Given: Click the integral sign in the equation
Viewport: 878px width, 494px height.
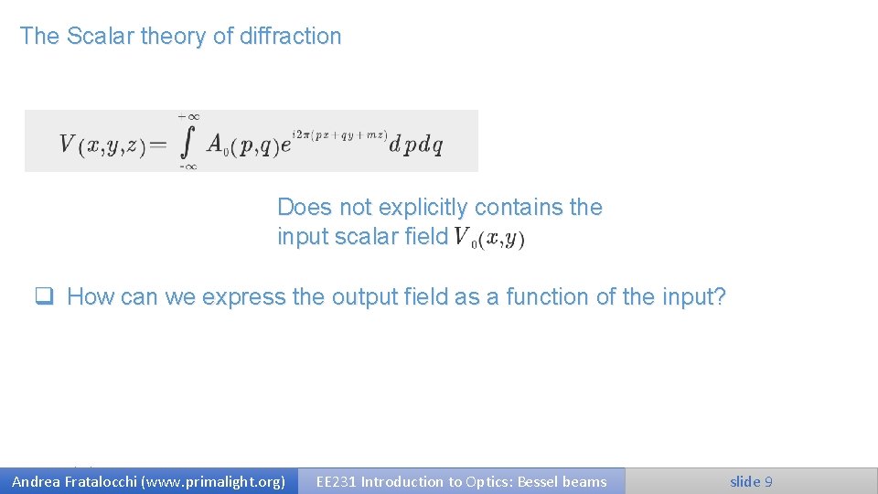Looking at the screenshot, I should point(188,142).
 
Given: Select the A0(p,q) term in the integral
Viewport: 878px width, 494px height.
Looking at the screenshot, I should point(241,145).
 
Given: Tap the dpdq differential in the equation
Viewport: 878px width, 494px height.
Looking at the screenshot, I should point(416,145).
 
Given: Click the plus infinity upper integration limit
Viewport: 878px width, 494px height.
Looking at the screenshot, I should point(188,117).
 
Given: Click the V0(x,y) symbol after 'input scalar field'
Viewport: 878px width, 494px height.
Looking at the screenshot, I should point(489,238).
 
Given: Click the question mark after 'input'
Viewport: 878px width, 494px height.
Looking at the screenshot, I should point(719,297).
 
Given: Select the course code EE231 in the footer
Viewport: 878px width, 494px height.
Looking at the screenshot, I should point(336,481).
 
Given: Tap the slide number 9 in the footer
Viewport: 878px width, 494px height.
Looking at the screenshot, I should point(768,481).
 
